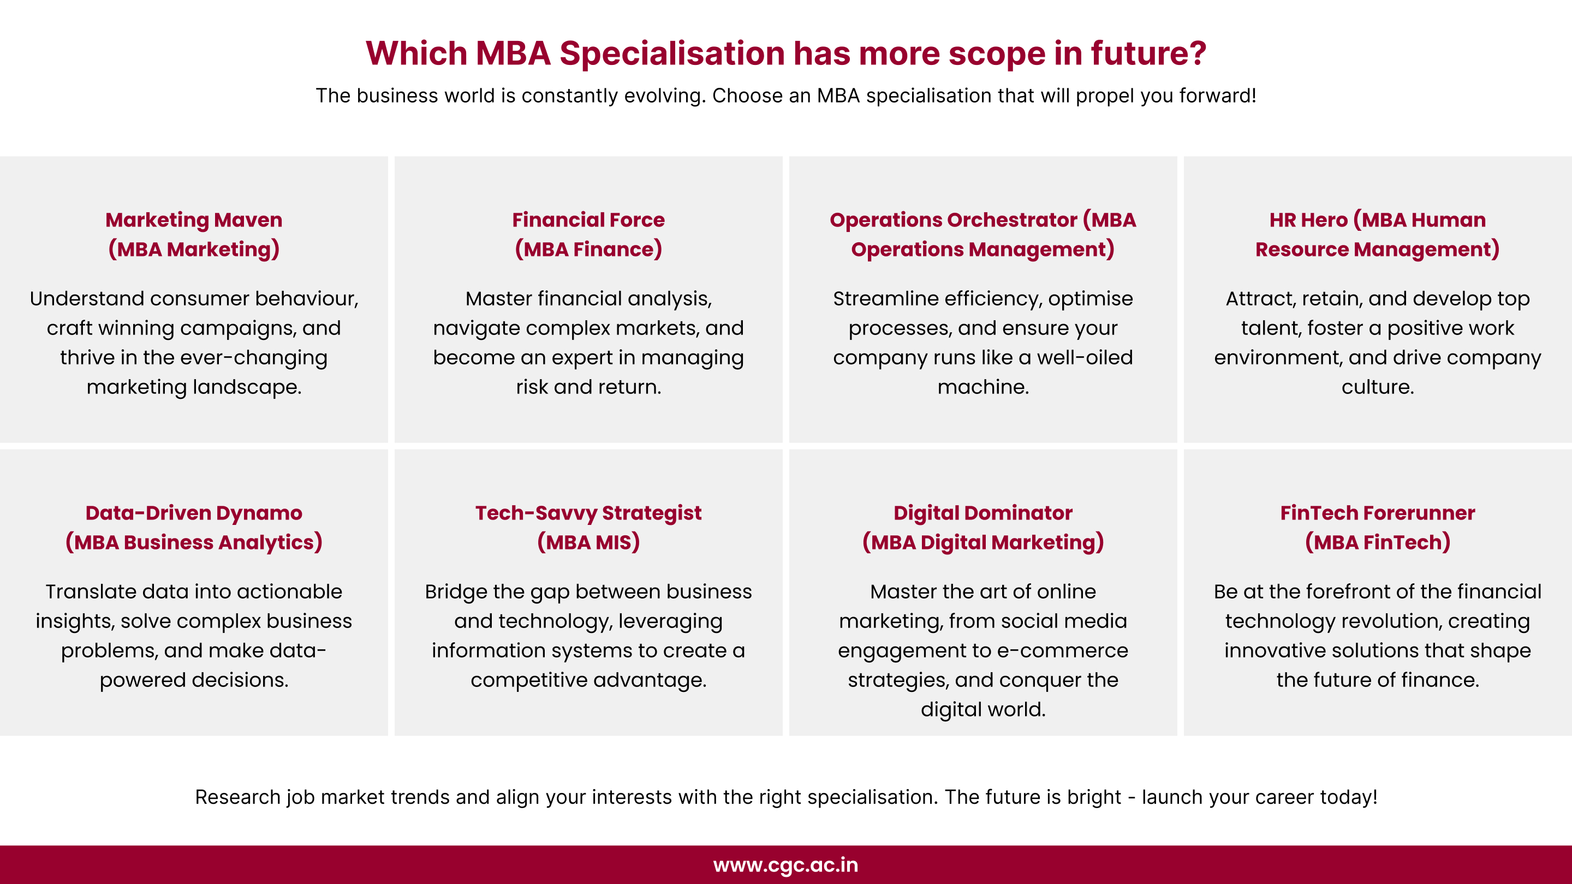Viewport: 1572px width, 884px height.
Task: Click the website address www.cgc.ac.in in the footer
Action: point(785,864)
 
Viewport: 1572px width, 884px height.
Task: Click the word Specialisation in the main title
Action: point(671,53)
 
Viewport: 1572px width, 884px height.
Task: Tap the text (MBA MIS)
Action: point(588,542)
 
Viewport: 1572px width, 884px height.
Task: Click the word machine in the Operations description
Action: point(982,387)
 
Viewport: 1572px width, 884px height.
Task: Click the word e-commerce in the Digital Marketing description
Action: point(1074,650)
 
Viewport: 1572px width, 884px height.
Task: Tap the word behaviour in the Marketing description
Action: point(306,298)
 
